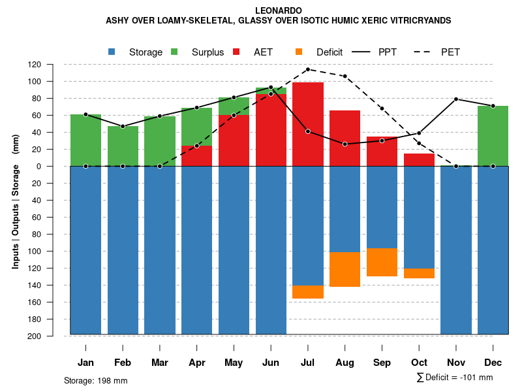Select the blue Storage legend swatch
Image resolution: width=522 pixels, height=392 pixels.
point(112,52)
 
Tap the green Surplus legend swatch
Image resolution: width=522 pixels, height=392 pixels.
point(174,52)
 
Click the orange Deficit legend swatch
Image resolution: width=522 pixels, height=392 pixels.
point(299,52)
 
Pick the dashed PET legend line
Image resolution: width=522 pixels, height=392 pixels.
point(425,52)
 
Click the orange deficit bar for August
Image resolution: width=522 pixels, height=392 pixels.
point(345,269)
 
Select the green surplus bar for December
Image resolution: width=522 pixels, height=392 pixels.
point(493,136)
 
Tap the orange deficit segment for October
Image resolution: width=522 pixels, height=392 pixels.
point(420,273)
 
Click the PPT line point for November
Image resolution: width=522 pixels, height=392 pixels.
point(456,99)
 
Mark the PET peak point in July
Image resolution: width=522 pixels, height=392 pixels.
point(307,69)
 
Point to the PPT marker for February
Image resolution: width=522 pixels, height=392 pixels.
point(123,126)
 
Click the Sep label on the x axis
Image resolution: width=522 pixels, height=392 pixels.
point(382,363)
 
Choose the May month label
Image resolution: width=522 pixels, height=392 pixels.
point(234,363)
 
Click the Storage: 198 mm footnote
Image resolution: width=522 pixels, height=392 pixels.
point(96,380)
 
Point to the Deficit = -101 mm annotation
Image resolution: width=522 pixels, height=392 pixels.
point(455,378)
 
